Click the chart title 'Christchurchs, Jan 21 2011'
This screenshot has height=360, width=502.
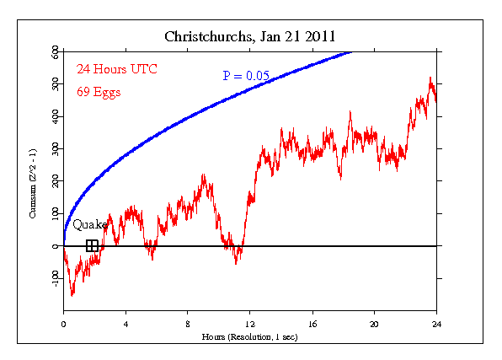[x=249, y=37]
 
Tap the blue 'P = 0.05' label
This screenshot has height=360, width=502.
[x=246, y=76]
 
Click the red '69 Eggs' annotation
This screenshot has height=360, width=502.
[x=99, y=92]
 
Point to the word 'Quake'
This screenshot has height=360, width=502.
[x=89, y=225]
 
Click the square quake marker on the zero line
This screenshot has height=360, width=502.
[x=93, y=246]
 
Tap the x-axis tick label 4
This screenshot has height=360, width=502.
[x=125, y=324]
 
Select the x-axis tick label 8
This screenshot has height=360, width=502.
[x=188, y=324]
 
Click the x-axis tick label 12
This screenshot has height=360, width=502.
[x=250, y=324]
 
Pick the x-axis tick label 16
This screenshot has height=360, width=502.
[x=312, y=324]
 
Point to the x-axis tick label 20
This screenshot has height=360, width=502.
[x=375, y=324]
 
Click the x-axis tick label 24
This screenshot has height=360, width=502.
[x=436, y=324]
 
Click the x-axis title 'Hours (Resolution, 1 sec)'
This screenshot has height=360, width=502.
[x=249, y=336]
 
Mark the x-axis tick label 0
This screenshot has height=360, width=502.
[x=63, y=324]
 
